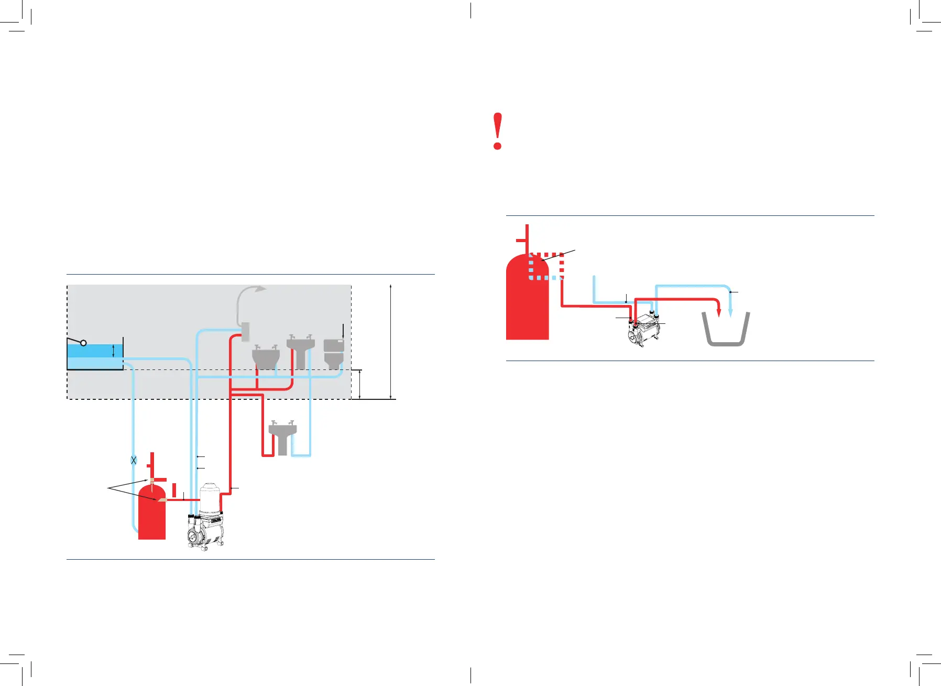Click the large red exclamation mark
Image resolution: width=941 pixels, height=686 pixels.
[x=498, y=131]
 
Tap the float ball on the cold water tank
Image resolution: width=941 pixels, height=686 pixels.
[x=83, y=343]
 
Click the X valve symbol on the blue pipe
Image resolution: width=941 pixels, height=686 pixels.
[x=134, y=460]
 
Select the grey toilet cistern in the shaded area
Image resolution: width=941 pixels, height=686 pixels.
[x=334, y=353]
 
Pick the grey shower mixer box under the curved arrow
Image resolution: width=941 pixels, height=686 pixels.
[x=245, y=332]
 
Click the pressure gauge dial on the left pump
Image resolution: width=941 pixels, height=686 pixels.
[x=194, y=536]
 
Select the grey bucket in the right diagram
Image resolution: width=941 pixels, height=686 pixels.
[x=726, y=330]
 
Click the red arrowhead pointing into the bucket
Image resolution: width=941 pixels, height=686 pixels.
[x=719, y=312]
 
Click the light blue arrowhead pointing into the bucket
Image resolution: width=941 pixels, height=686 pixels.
[x=730, y=312]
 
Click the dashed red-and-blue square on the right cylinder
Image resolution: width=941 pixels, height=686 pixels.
[x=546, y=266]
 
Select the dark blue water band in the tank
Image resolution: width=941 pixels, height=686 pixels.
[x=94, y=351]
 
